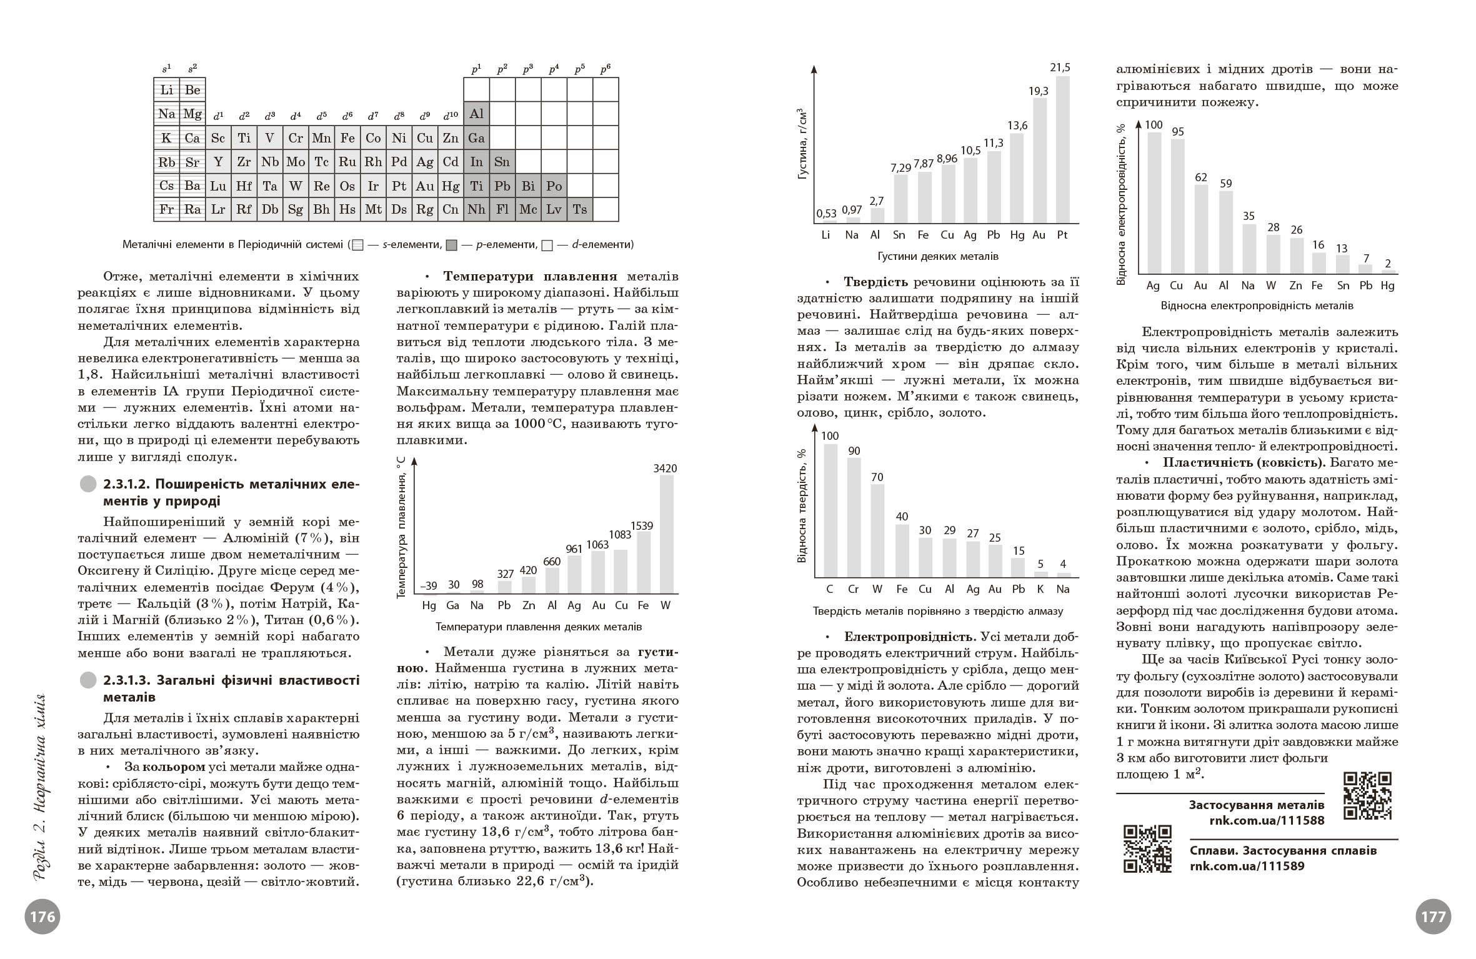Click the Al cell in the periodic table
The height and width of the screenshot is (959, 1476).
tap(476, 114)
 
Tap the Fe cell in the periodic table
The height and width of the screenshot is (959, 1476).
tap(347, 138)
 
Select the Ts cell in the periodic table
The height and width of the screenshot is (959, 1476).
tap(580, 210)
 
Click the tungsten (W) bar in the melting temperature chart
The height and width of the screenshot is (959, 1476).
tap(666, 534)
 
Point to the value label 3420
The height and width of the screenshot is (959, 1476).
tap(665, 469)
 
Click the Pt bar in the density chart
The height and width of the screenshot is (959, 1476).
tap(1062, 150)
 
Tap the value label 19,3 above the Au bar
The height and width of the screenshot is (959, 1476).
tap(1038, 91)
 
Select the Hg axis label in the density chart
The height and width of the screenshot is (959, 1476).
tap(1017, 235)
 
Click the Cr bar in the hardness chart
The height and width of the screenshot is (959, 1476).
tap(854, 517)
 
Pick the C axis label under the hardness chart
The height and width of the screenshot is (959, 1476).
tap(830, 589)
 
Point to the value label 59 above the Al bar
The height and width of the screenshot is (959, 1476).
tap(1225, 184)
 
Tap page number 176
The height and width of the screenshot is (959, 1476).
tap(42, 917)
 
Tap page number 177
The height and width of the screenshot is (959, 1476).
tap(1433, 917)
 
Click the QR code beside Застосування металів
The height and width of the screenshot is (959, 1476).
tap(1367, 795)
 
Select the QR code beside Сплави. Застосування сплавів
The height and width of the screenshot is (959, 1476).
tap(1147, 848)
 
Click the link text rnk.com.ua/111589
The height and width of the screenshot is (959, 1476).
tap(1247, 867)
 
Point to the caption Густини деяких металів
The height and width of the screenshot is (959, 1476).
tap(937, 256)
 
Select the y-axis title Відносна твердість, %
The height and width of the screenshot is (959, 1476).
tap(802, 505)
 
